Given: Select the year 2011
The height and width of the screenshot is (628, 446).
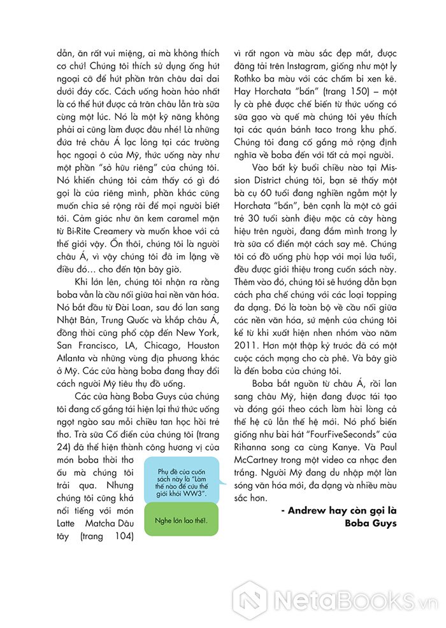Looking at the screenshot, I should (248, 345).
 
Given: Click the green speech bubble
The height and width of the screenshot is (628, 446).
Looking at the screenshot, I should (182, 519).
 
